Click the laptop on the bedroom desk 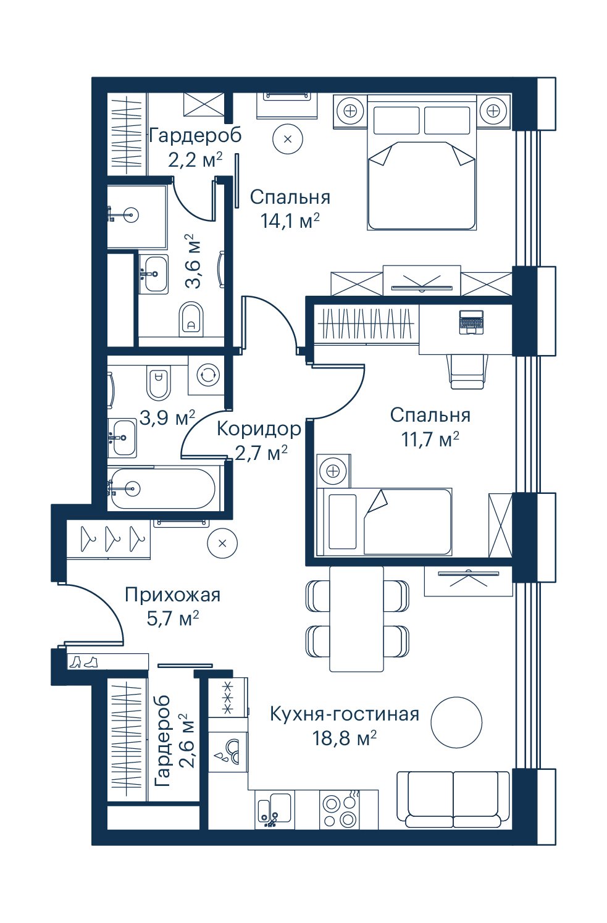point(471,322)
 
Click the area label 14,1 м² point(290,221)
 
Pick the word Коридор point(259,429)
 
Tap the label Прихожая point(173,595)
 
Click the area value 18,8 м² point(345,737)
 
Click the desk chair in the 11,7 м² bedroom point(467,372)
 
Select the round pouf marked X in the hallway point(222,543)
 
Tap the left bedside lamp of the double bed point(351,111)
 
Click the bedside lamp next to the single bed point(333,470)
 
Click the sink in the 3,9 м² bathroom point(122,438)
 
